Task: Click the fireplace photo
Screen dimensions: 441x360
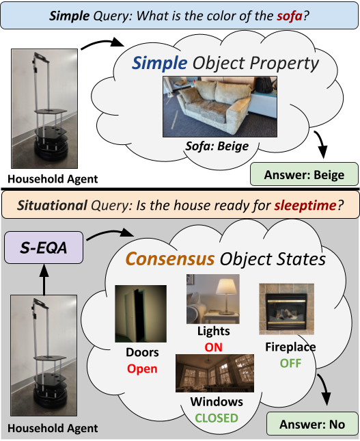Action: (286, 309)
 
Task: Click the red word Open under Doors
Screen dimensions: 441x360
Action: (141, 369)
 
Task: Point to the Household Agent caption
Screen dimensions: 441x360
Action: (53, 429)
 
